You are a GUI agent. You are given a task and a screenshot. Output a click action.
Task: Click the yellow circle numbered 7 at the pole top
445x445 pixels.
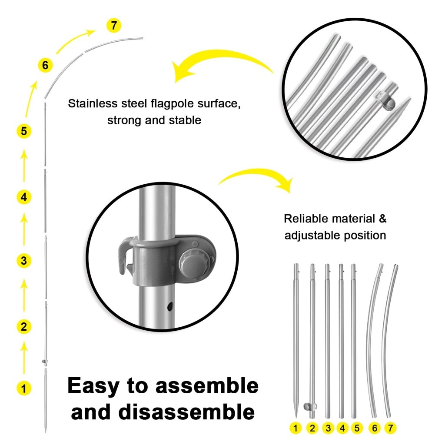tap(113, 26)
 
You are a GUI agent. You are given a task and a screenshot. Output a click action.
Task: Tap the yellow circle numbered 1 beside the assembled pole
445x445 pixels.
tap(24, 388)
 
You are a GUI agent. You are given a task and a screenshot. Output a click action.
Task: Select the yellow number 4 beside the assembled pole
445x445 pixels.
tap(24, 197)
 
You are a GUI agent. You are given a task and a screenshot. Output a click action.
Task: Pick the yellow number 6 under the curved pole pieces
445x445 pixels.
tap(375, 428)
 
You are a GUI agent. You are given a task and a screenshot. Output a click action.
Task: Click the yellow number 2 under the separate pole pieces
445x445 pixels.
tap(312, 428)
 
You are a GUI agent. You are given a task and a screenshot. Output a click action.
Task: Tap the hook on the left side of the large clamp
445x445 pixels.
tap(123, 256)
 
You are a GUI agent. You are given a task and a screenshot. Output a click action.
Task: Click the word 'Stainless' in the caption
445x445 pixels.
tap(93, 104)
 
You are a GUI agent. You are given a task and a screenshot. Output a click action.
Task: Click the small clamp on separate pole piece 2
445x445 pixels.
tap(310, 407)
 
